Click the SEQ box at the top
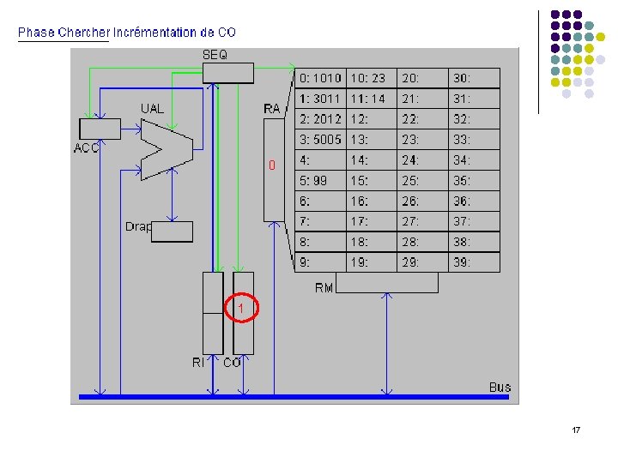[x=228, y=72]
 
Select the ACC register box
[x=100, y=129]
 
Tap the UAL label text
[x=153, y=108]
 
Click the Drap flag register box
[x=172, y=231]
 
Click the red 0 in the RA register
[x=272, y=165]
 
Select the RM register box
[x=386, y=282]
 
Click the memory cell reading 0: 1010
[x=320, y=78]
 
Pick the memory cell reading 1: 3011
[x=320, y=99]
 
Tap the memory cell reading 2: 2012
[x=320, y=119]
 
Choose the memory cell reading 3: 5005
[x=320, y=140]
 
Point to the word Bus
[x=500, y=388]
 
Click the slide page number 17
[x=576, y=430]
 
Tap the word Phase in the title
[x=36, y=33]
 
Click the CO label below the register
[x=232, y=364]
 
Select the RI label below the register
[x=198, y=364]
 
